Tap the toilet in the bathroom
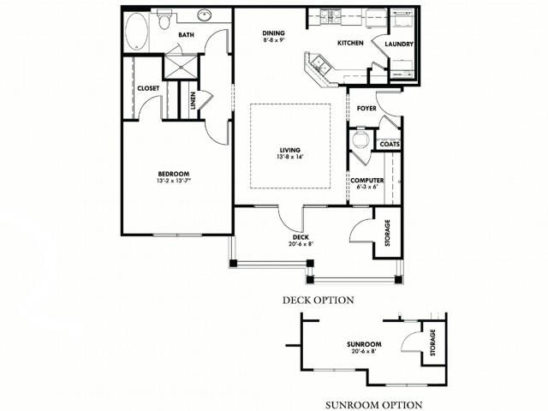[165, 17]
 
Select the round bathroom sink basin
[205, 16]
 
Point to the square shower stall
[181, 67]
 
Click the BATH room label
[186, 35]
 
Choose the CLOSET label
[147, 88]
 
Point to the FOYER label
[367, 109]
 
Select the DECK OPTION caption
[318, 300]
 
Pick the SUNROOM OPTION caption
[372, 404]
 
